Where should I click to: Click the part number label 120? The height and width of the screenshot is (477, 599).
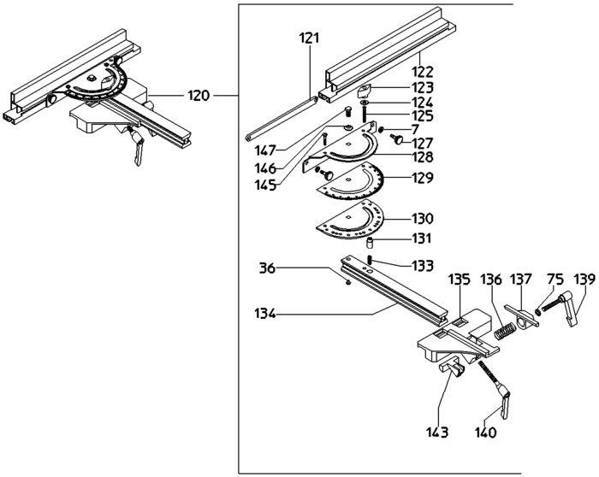tap(198, 96)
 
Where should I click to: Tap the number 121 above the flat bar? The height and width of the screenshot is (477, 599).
tap(309, 39)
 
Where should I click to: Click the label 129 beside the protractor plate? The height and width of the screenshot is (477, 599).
tap(420, 178)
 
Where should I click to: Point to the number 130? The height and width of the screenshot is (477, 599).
tap(420, 218)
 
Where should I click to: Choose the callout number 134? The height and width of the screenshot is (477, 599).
tap(264, 314)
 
